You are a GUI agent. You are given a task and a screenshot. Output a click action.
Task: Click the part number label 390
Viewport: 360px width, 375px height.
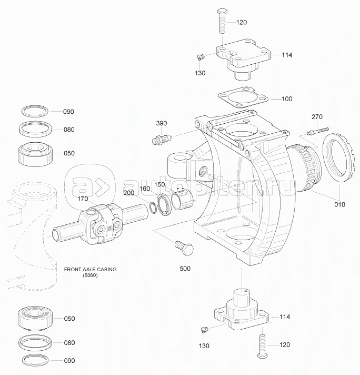pyautogui.click(x=162, y=123)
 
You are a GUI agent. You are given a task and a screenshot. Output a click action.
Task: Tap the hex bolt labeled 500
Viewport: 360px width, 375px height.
pyautogui.click(x=184, y=248)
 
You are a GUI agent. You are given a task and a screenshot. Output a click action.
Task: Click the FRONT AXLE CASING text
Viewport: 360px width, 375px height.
pyautogui.click(x=90, y=269)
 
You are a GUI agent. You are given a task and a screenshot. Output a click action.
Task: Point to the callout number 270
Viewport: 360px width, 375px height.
pyautogui.click(x=317, y=117)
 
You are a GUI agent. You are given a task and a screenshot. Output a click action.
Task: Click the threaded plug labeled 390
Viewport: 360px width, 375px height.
pyautogui.click(x=161, y=139)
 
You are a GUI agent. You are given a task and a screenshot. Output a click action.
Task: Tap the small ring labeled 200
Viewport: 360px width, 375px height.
pyautogui.click(x=153, y=208)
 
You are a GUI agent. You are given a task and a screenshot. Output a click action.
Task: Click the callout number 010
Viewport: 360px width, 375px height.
pyautogui.click(x=339, y=204)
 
